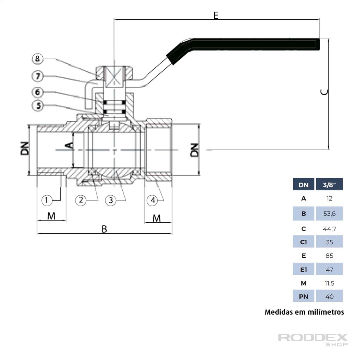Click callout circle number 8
pyautogui.click(x=38, y=59)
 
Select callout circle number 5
pyautogui.click(x=38, y=105)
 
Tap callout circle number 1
pyautogui.click(x=47, y=200)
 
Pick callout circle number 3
pyautogui.click(x=111, y=200)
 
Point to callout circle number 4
pyautogui.click(x=153, y=200)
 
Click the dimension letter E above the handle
pyautogui.click(x=216, y=15)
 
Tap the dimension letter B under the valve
pyautogui.click(x=104, y=229)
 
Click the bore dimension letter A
pyautogui.click(x=70, y=145)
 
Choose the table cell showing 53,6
pyautogui.click(x=329, y=214)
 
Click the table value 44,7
pyautogui.click(x=329, y=229)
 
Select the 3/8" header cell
pyautogui.click(x=329, y=184)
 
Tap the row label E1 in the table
pyautogui.click(x=304, y=270)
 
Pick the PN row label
pyautogui.click(x=304, y=296)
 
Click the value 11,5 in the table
pyautogui.click(x=329, y=283)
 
